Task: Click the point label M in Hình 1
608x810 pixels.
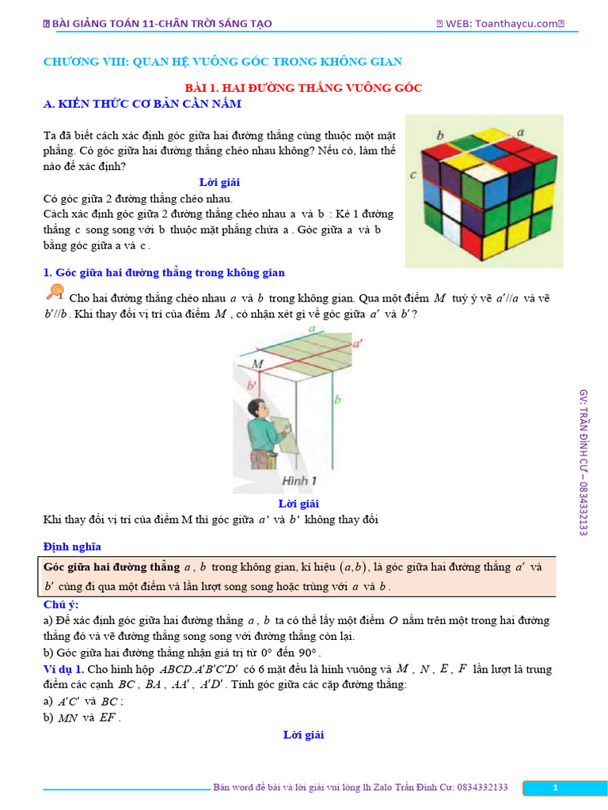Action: (x=257, y=363)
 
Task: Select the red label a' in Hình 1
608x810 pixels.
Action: (x=357, y=343)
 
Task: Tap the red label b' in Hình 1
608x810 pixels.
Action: (x=252, y=385)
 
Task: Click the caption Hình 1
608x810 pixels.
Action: (x=299, y=480)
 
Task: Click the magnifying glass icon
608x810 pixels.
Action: (x=55, y=293)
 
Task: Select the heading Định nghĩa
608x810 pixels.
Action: (x=72, y=547)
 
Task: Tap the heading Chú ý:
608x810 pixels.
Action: (x=61, y=604)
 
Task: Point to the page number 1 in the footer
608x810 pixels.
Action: (x=556, y=787)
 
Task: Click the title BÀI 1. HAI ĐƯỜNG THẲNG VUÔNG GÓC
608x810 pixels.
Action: (x=303, y=87)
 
